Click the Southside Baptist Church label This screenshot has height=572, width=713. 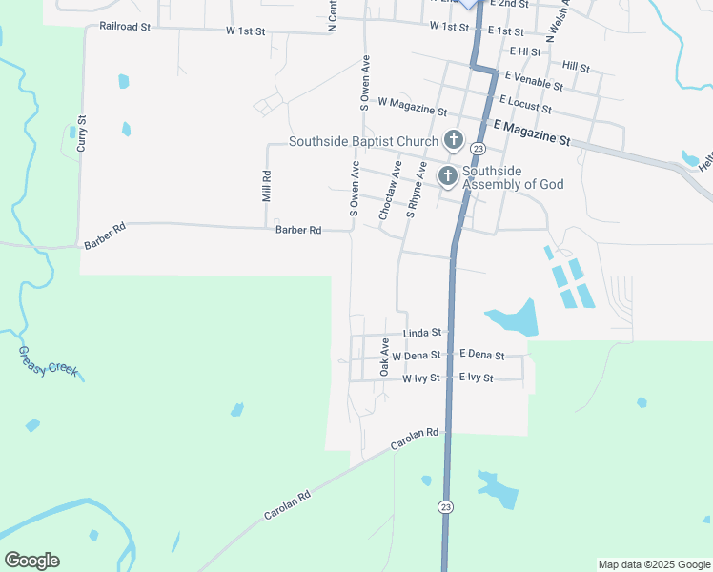363,142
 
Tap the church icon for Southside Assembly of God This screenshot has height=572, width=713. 446,175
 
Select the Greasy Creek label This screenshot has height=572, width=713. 48,361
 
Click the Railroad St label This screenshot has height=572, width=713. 125,28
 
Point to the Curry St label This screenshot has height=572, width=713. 82,134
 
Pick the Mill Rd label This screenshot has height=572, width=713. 268,185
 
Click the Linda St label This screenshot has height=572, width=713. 421,334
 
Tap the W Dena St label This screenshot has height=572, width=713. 416,356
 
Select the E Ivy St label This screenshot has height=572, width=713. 476,378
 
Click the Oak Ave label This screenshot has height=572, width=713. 385,357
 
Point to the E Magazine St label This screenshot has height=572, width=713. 531,132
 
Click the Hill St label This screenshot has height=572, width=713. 576,67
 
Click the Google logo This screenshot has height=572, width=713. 31,561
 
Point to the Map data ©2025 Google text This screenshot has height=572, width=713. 654,564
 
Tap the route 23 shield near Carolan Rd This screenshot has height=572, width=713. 445,507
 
